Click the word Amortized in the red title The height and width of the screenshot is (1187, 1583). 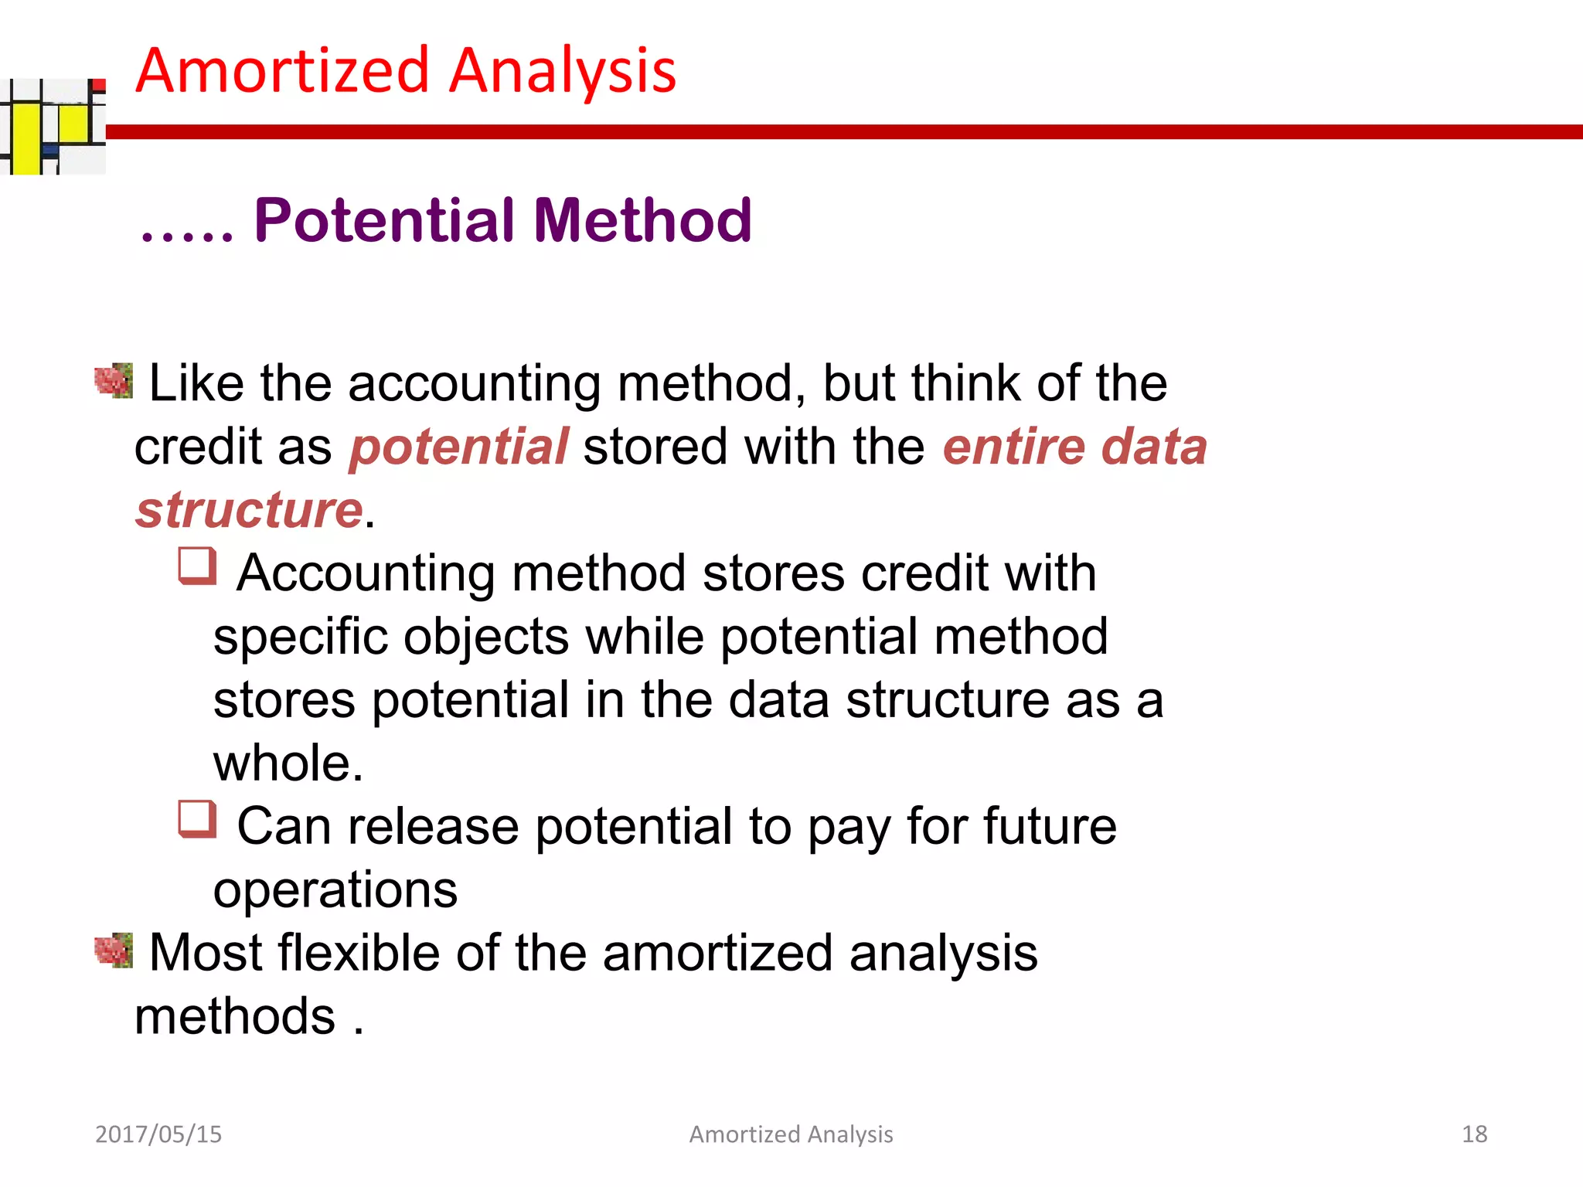[282, 70]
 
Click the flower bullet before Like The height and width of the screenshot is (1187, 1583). [114, 381]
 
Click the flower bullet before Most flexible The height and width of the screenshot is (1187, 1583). [114, 950]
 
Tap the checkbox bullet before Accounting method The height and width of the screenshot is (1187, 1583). [197, 566]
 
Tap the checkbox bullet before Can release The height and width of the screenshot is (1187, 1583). [197, 819]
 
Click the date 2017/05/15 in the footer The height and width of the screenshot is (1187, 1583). [158, 1134]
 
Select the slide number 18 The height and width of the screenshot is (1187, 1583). [1474, 1134]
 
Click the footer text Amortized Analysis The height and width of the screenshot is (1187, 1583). [791, 1134]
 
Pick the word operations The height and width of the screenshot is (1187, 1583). [335, 890]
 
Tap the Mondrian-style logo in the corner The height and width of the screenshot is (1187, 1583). [53, 126]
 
